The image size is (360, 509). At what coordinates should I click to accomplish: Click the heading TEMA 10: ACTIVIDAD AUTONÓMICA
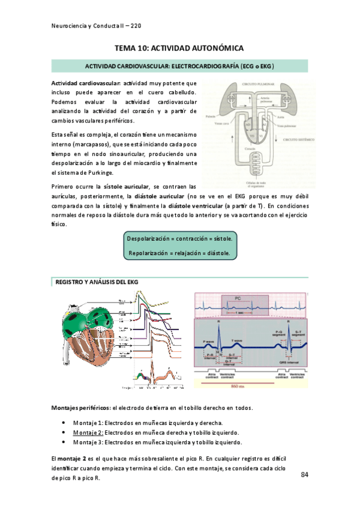[179, 47]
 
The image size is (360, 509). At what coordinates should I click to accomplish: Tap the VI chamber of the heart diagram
[260, 136]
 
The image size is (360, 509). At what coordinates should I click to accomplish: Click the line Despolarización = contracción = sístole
[180, 238]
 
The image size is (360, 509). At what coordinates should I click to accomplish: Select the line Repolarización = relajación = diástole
[180, 253]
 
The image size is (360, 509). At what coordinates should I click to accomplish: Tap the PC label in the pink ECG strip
[238, 298]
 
